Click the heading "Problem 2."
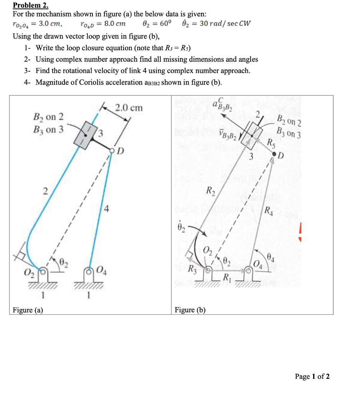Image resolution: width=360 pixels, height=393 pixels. pos(30,5)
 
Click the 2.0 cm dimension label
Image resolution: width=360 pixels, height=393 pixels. pos(129,108)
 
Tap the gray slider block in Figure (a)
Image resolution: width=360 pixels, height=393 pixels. pos(85,134)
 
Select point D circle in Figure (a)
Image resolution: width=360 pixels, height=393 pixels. pos(112,150)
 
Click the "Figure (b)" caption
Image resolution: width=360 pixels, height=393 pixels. pos(190,310)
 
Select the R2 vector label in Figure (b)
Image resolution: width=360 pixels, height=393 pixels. pos(211,190)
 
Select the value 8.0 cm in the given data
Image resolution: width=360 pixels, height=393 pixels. pos(115,23)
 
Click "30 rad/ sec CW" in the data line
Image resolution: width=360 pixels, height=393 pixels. pos(225,23)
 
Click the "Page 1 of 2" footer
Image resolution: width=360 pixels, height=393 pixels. pos(312,376)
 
